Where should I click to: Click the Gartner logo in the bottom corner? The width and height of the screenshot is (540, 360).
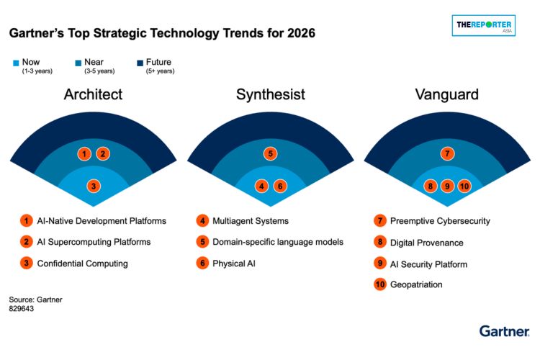click(504, 331)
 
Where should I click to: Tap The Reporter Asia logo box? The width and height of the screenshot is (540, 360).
click(484, 25)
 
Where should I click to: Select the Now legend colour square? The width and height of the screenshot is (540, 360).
click(16, 63)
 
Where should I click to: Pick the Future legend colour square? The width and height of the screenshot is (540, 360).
click(140, 63)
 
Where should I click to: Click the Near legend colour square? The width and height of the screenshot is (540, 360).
click(78, 63)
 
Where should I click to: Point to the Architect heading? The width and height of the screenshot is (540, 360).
click(93, 94)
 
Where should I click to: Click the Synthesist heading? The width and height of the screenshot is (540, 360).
click(270, 94)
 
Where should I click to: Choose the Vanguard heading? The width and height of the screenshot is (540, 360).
click(447, 94)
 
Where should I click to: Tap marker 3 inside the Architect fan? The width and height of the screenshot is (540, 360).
click(94, 186)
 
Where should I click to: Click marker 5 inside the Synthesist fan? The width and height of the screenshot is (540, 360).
click(270, 153)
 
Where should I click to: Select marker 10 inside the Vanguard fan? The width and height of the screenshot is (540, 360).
click(464, 186)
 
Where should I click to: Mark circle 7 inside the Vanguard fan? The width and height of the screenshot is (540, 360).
click(447, 153)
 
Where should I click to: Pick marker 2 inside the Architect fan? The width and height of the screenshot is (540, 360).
click(103, 153)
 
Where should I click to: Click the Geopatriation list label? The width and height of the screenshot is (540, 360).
click(416, 284)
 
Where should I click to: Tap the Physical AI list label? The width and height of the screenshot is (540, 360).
click(234, 264)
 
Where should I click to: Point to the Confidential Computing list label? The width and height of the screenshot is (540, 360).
click(82, 264)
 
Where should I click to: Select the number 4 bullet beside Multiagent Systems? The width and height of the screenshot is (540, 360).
click(202, 220)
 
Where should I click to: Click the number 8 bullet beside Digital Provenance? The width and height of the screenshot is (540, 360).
click(380, 242)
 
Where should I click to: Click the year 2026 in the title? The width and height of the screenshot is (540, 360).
click(302, 33)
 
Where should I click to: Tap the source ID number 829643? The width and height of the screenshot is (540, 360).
click(22, 309)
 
